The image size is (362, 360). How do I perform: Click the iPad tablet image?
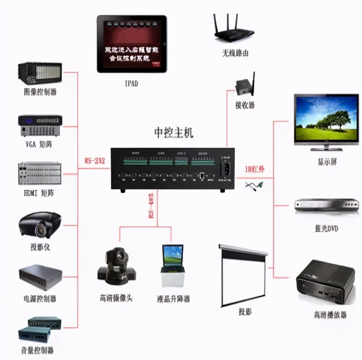131,44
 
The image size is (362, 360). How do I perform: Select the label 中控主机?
173,133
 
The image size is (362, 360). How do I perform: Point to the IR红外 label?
254,169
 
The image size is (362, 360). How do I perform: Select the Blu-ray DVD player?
326,205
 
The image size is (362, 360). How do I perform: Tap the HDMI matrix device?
39,174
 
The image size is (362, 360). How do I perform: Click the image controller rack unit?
39,74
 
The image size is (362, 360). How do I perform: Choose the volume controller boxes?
39,329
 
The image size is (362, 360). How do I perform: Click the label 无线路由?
235,53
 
